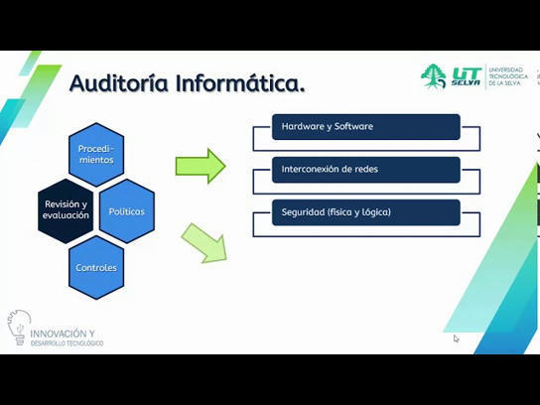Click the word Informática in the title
(x=239, y=83)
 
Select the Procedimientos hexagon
(x=96, y=154)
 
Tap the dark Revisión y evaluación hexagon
(x=67, y=209)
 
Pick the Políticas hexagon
(x=126, y=210)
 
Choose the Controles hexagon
(x=96, y=267)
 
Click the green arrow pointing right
(x=201, y=166)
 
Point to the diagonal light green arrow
(x=204, y=244)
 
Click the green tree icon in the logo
(x=434, y=76)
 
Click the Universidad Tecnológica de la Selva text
(x=510, y=76)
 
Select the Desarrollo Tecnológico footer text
(x=67, y=343)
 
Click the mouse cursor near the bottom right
(x=457, y=338)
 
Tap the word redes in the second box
(x=364, y=170)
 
